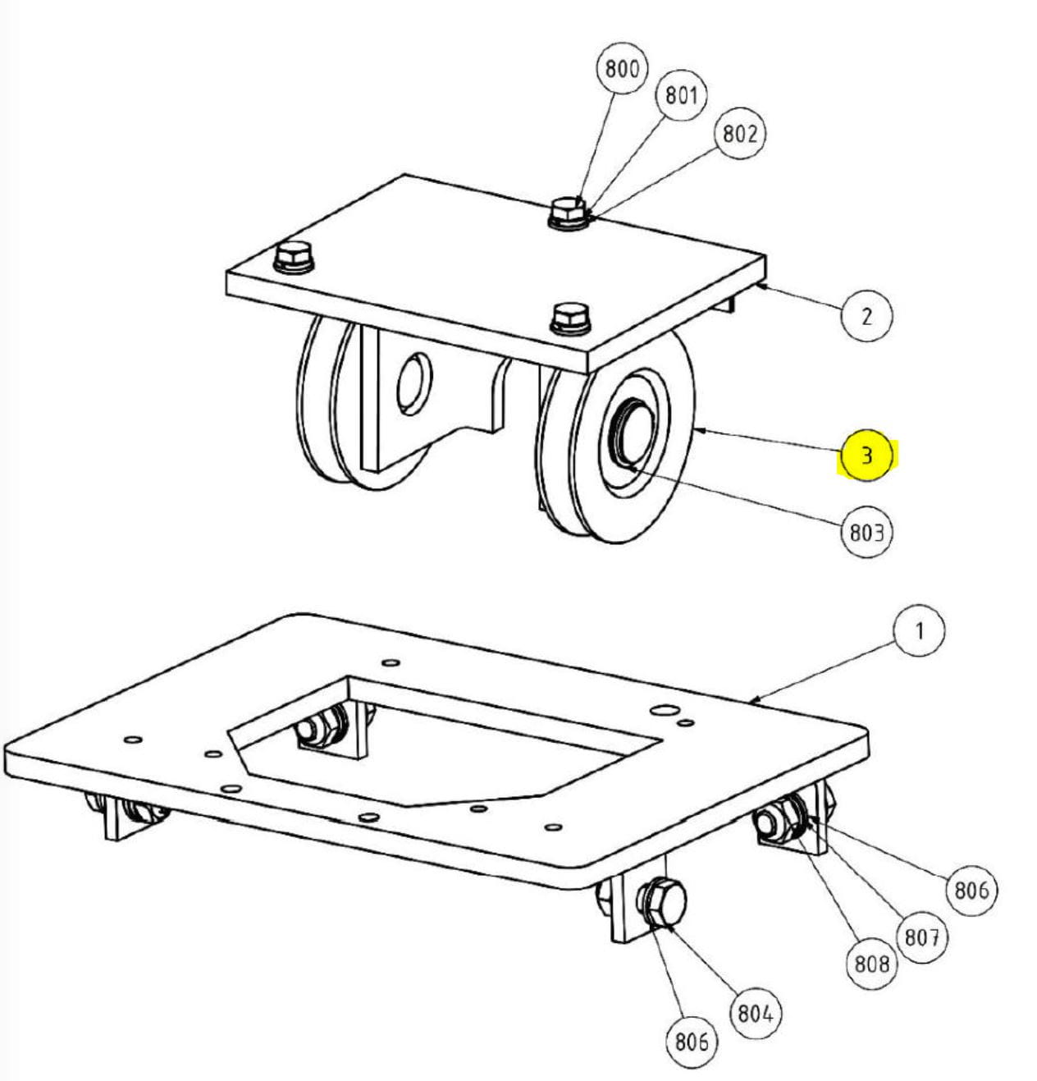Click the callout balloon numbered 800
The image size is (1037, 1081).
coord(622,68)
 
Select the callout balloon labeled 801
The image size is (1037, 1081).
coord(681,95)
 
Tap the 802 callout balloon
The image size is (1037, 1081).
coord(740,133)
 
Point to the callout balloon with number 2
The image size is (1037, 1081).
coord(866,316)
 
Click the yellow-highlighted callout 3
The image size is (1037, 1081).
coord(866,456)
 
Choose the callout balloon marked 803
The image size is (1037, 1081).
coord(866,532)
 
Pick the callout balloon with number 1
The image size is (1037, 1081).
coord(919,631)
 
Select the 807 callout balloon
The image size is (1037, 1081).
coord(922,937)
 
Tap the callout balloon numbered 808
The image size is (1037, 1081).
coord(871,964)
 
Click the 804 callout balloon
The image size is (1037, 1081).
coord(755,1014)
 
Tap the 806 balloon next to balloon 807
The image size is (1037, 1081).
coord(971,890)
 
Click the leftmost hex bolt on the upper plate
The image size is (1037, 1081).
coord(294,258)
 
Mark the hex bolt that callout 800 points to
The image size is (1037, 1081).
coord(569,213)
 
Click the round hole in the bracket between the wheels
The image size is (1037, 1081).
coord(414,385)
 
